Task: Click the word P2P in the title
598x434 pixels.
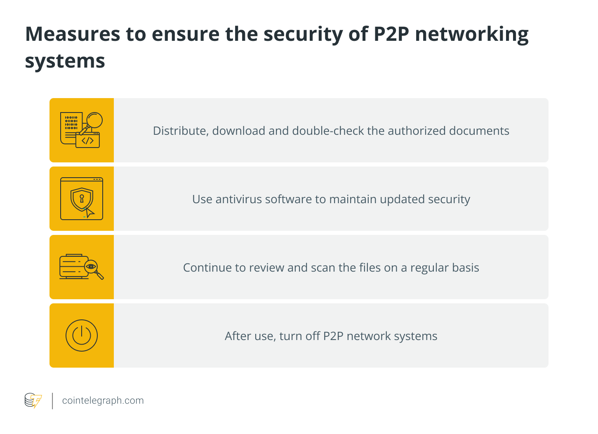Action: coord(391,34)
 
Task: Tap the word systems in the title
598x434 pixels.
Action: coord(65,61)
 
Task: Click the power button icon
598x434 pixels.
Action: coord(82,335)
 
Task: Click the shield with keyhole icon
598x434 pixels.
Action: coord(81,199)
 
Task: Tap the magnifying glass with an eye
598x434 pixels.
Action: coord(93,268)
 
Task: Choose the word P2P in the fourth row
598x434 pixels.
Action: coord(333,336)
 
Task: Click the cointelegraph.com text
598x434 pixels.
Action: coord(103,401)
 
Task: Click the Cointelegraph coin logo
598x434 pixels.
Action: coord(33,401)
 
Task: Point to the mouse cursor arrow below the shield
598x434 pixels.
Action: coord(89,212)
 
